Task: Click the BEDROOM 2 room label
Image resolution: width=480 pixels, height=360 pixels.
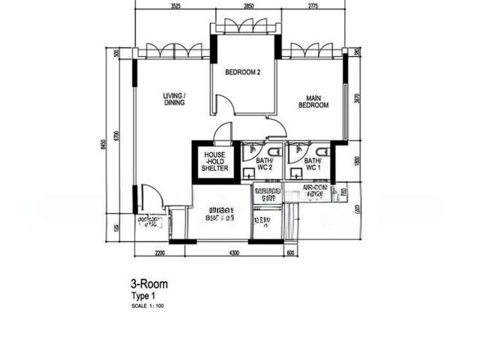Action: [243, 73]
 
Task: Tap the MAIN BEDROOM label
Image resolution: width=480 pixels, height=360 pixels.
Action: [313, 101]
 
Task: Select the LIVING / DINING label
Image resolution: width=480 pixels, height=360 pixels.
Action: [174, 99]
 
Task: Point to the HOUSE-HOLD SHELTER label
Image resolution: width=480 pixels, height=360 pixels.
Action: [214, 161]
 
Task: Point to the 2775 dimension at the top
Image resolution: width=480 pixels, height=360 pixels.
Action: [313, 7]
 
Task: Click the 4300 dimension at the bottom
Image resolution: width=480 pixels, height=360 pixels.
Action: [233, 253]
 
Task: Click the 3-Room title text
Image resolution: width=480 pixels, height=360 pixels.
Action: [149, 284]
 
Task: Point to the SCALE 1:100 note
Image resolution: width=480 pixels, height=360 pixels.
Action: [148, 306]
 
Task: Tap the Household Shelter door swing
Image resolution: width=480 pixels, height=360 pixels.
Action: [223, 135]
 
